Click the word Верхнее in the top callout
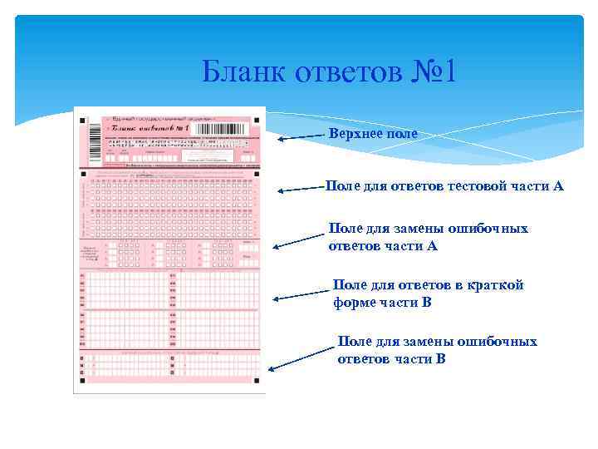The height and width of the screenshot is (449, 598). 356,133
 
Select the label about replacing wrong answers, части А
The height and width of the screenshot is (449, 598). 428,237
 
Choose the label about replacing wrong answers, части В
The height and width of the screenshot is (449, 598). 437,350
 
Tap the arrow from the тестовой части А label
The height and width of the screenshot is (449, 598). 301,189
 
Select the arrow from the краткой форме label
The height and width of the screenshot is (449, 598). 302,294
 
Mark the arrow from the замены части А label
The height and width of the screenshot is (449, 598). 301,239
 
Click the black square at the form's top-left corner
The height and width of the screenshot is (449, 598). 82,121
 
